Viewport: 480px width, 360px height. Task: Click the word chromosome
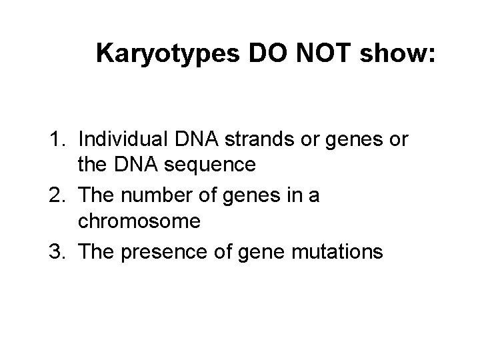click(x=139, y=221)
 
